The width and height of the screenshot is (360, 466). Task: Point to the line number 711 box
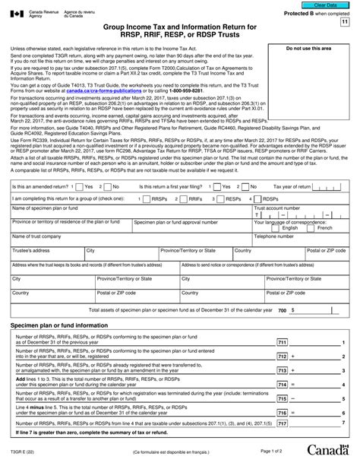[x=283, y=343]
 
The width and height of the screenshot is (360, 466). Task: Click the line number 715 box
[x=283, y=398]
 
